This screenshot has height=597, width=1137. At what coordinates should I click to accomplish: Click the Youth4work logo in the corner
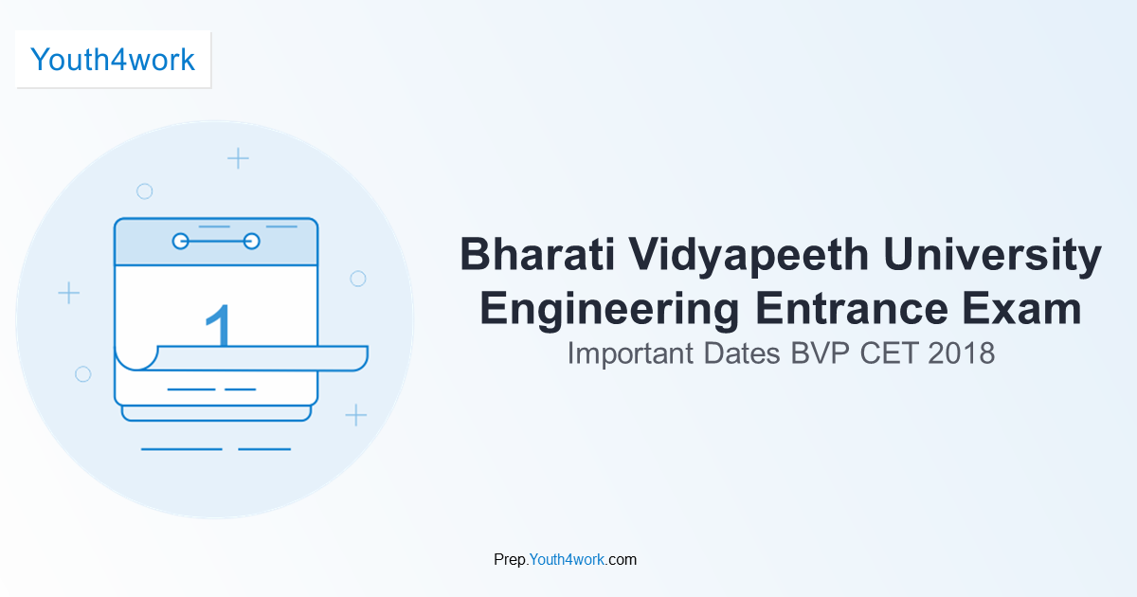coord(113,60)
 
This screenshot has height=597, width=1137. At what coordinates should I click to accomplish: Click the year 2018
coord(962,353)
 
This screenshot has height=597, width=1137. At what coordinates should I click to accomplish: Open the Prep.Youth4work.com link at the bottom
coord(565,560)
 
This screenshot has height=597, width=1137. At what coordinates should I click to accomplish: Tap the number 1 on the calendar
coord(219,325)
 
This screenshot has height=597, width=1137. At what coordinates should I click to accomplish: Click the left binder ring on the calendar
coord(180,242)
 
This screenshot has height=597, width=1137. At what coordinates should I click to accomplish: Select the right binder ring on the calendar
coord(252,242)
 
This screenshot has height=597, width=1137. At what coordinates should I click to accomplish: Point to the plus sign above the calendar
coord(239,158)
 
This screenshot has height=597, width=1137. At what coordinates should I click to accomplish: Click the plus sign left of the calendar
coord(68,293)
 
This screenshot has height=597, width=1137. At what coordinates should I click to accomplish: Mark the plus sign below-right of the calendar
coord(355,414)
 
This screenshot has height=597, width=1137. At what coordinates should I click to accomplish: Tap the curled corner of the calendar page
coord(135,358)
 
